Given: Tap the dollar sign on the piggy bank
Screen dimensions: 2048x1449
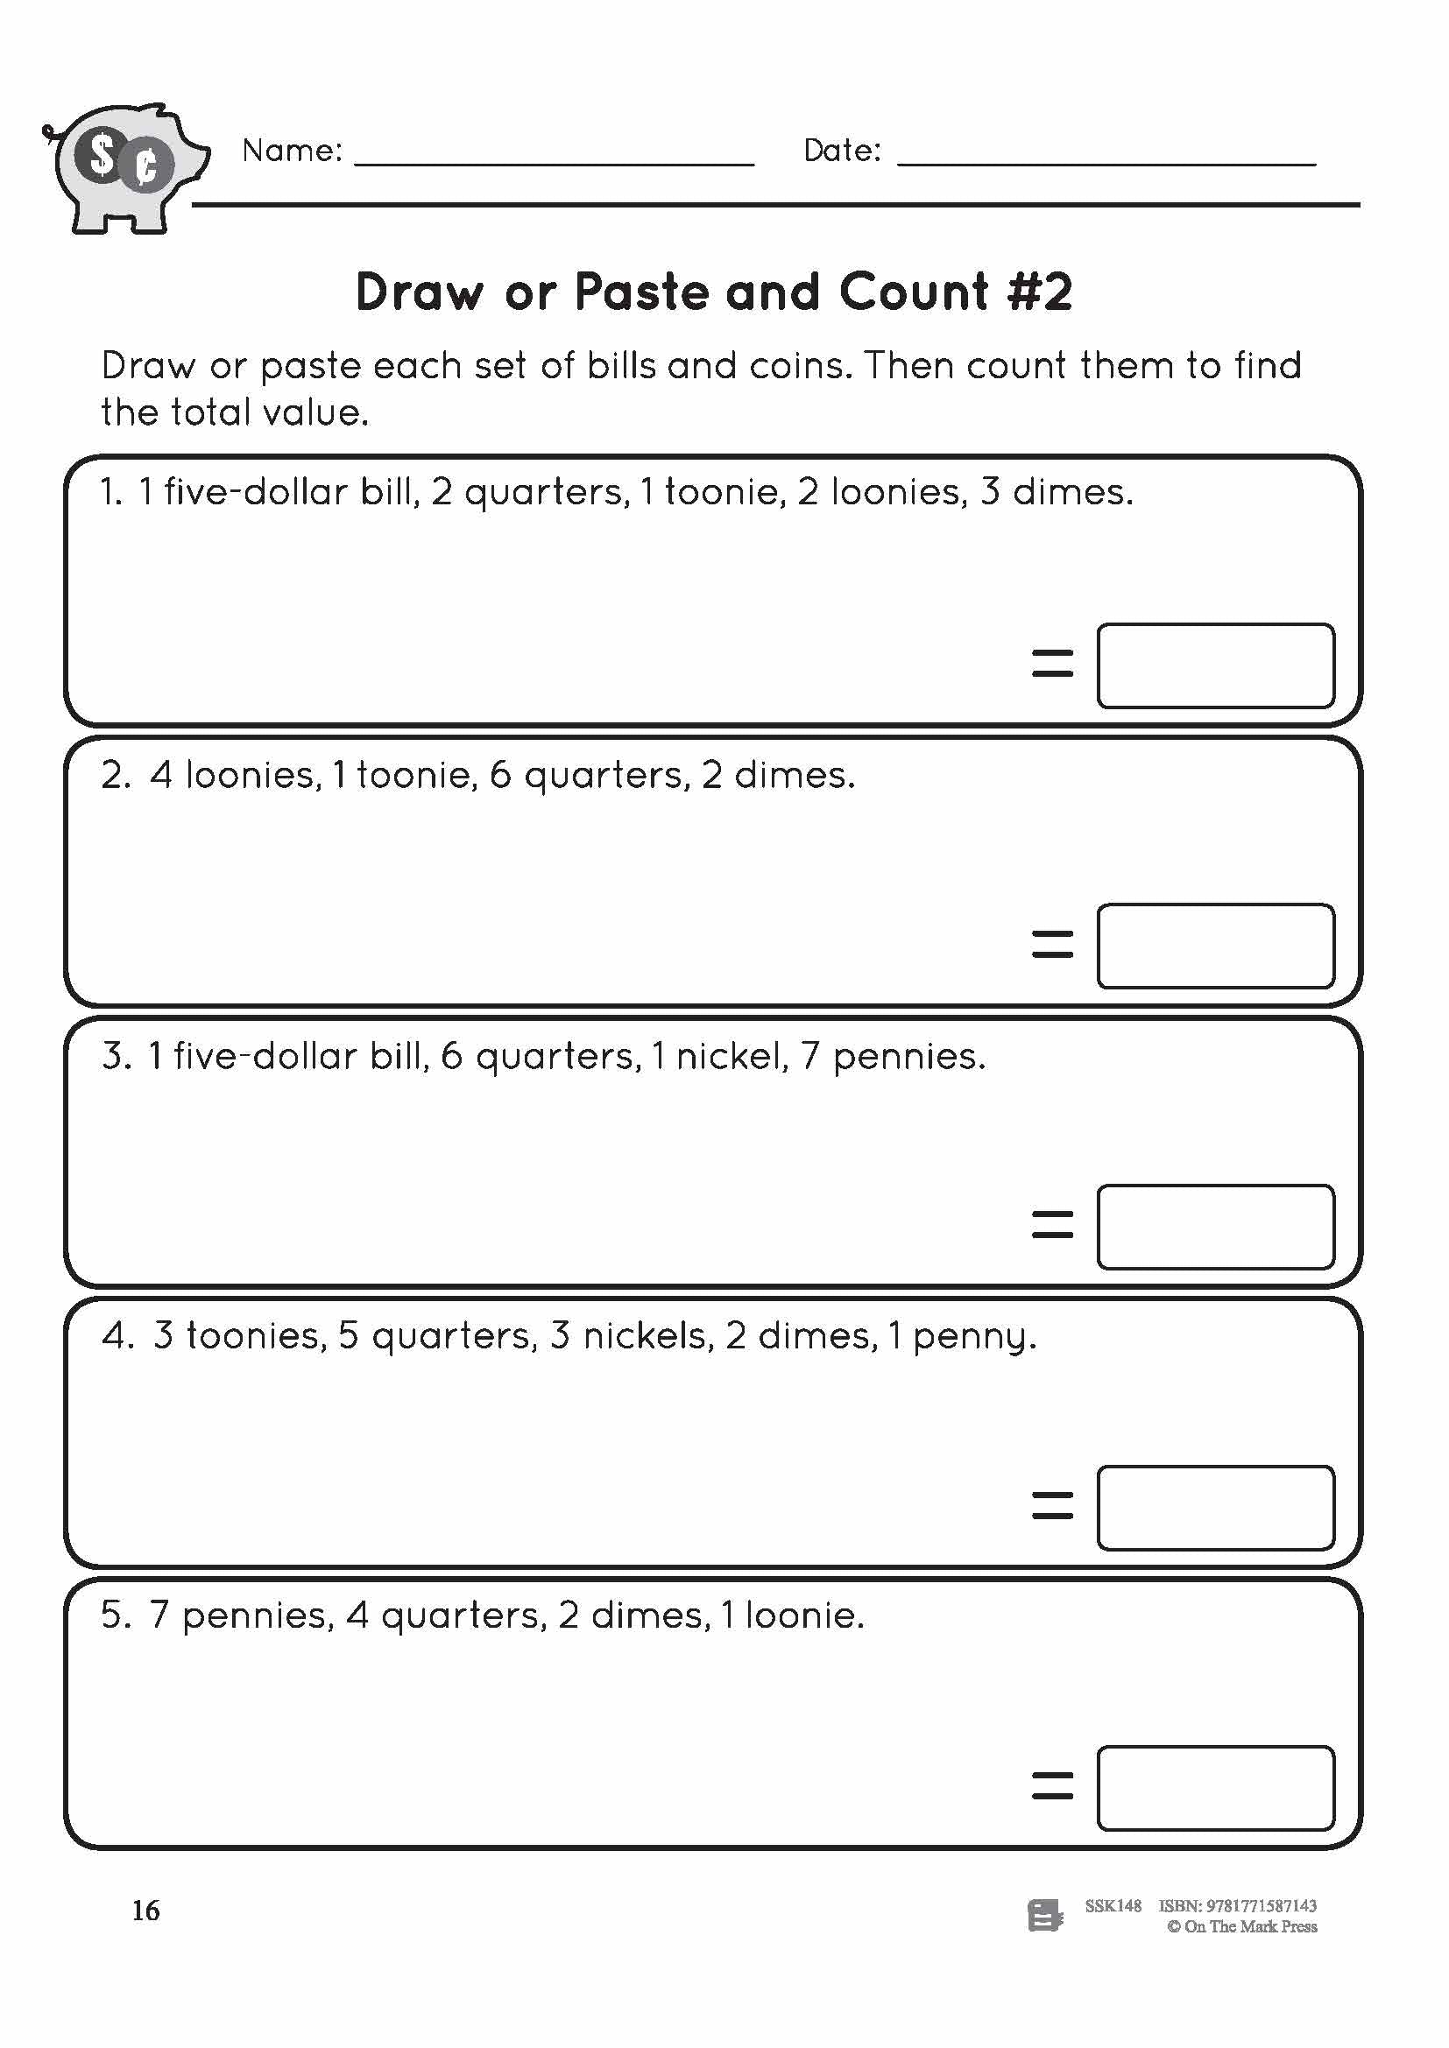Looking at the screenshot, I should point(102,157).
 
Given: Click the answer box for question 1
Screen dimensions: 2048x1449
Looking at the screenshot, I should point(1215,665).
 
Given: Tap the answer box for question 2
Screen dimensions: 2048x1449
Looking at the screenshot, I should point(1215,947).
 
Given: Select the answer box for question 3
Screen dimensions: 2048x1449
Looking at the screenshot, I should point(1215,1227).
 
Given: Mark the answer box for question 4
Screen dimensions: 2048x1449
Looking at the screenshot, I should point(1215,1508).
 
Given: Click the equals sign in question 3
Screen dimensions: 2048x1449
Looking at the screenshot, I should point(1052,1224).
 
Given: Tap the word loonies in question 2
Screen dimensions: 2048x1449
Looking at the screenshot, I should point(251,774).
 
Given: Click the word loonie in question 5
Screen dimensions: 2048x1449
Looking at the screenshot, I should point(803,1615).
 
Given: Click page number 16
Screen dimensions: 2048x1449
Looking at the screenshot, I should point(146,1911).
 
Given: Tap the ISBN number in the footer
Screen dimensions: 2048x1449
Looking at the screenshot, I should point(1261,1906).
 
